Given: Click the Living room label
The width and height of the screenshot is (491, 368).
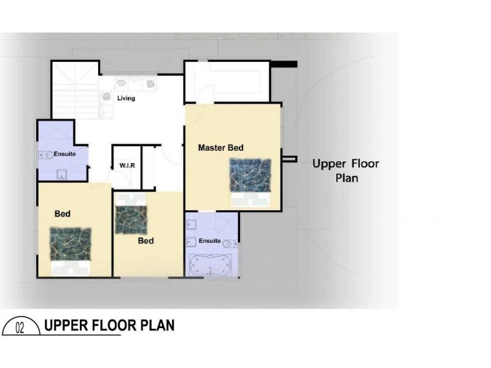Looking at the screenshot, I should tap(126, 98).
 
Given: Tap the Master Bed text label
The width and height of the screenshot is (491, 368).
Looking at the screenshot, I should tap(220, 148).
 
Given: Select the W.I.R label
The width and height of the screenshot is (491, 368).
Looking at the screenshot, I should tap(127, 166).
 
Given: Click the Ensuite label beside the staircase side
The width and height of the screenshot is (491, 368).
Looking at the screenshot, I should tap(64, 154).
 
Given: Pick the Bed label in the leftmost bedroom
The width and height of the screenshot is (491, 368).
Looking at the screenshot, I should tap(62, 214).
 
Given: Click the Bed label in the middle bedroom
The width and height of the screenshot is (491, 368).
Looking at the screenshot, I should tap(145, 241).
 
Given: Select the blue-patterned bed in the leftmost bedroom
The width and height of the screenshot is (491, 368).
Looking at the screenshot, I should tap(70, 250).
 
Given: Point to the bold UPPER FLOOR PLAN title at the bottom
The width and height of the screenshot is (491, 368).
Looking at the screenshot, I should tap(109, 325).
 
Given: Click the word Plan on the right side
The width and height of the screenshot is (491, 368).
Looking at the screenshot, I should tap(346, 178).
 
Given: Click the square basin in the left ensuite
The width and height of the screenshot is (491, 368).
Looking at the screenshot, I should tap(60, 177).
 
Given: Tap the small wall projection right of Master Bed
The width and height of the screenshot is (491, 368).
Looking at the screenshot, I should tap(289, 159).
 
